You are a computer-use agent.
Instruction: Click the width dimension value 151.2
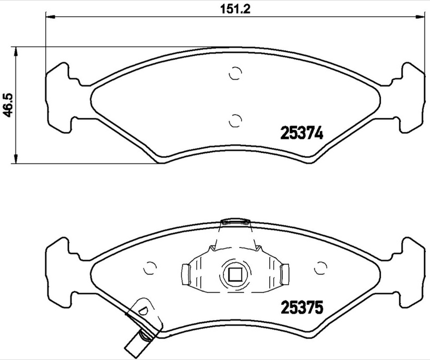click(233, 9)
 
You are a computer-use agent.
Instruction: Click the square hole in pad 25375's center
click(235, 274)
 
